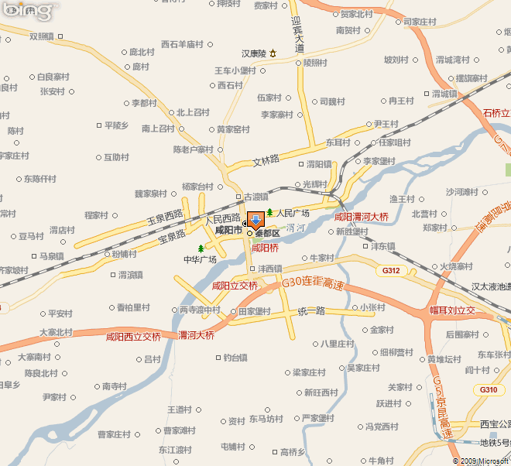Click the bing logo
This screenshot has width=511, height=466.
pyautogui.click(x=29, y=11)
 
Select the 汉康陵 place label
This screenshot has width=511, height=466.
pyautogui.click(x=254, y=53)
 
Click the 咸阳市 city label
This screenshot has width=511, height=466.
pyautogui.click(x=228, y=230)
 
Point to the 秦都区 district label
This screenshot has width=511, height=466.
pyautogui.click(x=267, y=233)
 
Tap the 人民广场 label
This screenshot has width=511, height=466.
pyautogui.click(x=293, y=213)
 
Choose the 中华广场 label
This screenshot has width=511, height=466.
pyautogui.click(x=200, y=259)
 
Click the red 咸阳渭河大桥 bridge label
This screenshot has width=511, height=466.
pyautogui.click(x=361, y=217)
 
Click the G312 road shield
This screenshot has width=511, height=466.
pyautogui.click(x=391, y=271)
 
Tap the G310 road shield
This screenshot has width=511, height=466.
pyautogui.click(x=489, y=389)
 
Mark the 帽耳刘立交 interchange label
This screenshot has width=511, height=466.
pyautogui.click(x=463, y=310)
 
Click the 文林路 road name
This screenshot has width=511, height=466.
pyautogui.click(x=265, y=161)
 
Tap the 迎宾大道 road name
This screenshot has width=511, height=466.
pyautogui.click(x=300, y=37)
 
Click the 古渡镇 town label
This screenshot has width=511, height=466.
pyautogui.click(x=256, y=197)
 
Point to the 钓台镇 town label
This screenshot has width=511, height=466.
pyautogui.click(x=235, y=358)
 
